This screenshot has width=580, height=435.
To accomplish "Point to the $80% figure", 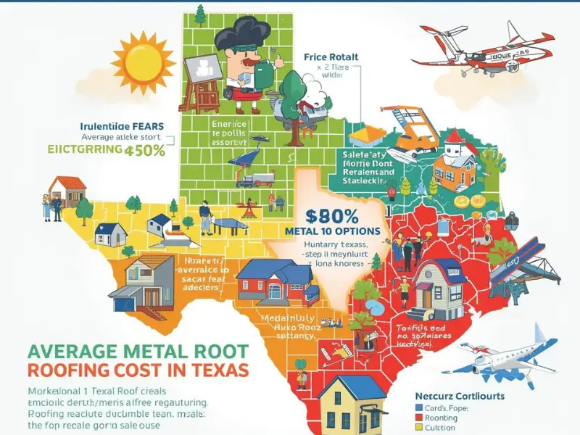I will click(333, 216).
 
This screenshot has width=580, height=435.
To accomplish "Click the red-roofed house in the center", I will click(268, 278).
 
